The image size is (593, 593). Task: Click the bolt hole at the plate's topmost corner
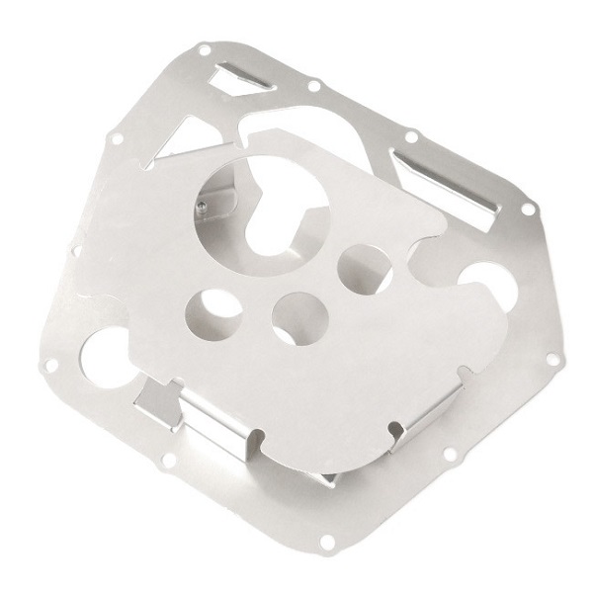point(204,48)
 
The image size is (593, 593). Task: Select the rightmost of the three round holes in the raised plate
point(361,266)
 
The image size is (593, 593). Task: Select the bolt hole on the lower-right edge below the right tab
point(451,454)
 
